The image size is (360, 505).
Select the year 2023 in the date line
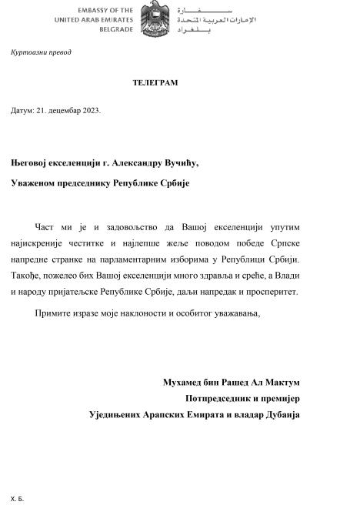91,110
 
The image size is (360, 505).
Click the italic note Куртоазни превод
41,52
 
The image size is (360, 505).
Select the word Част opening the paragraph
45,227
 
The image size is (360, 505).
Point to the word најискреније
38,242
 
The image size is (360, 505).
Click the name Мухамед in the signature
184,382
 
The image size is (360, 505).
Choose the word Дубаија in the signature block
278,414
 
